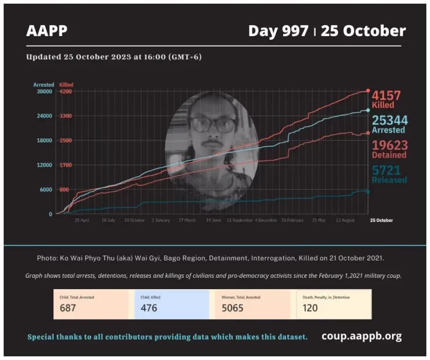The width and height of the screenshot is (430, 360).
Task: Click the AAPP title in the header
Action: tap(47, 31)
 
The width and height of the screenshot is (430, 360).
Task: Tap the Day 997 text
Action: tap(278, 31)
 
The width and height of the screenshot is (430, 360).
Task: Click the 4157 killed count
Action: tap(386, 95)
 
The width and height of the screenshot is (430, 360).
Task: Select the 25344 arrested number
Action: tap(390, 121)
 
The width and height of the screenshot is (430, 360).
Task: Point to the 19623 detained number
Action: tap(389, 145)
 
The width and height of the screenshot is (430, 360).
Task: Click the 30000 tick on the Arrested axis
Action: tap(44, 91)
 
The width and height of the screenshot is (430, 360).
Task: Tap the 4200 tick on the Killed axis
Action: tap(66, 91)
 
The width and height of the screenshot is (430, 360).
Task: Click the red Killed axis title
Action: tap(66, 84)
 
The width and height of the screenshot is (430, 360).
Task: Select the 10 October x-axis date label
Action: tap(134, 221)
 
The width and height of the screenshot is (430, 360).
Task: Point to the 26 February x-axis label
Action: tap(292, 221)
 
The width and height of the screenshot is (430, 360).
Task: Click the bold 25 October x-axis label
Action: tap(381, 221)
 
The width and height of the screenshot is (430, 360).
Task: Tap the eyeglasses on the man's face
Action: tap(213, 125)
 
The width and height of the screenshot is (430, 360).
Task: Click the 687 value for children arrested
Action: tap(68, 308)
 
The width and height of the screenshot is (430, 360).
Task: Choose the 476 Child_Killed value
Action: tap(149, 308)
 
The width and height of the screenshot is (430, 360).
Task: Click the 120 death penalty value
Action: tap(310, 308)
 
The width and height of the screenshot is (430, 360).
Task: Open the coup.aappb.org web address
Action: tap(361, 336)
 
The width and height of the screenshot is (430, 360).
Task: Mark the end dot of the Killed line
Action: tap(368, 91)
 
